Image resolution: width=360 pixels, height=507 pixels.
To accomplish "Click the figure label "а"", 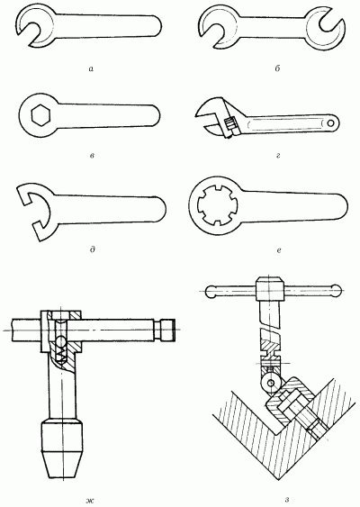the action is click(91, 68).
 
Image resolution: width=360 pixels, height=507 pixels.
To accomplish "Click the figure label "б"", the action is click(277, 68).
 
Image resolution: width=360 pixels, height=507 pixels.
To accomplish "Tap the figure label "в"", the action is click(92, 156).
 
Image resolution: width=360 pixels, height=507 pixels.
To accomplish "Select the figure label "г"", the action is click(278, 156).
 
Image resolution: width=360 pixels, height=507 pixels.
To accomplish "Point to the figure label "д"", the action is click(93, 249).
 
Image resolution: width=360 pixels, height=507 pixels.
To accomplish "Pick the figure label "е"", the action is click(279, 250).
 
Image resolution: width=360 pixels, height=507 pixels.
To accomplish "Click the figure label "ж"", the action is click(90, 501).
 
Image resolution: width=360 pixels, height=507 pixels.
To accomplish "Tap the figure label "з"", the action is click(287, 501).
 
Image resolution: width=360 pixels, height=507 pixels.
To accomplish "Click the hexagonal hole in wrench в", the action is click(40, 116).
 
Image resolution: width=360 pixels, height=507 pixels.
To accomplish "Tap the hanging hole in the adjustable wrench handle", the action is click(330, 123).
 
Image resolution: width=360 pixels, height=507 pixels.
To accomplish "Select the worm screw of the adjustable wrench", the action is click(229, 124).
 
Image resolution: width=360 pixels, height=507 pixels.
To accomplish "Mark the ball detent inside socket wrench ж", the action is click(61, 340).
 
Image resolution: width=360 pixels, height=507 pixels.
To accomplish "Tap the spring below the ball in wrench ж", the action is click(61, 353).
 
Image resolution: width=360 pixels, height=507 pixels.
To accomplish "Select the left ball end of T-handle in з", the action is click(212, 292).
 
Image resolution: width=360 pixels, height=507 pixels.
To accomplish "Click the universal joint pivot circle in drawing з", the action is click(271, 383).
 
